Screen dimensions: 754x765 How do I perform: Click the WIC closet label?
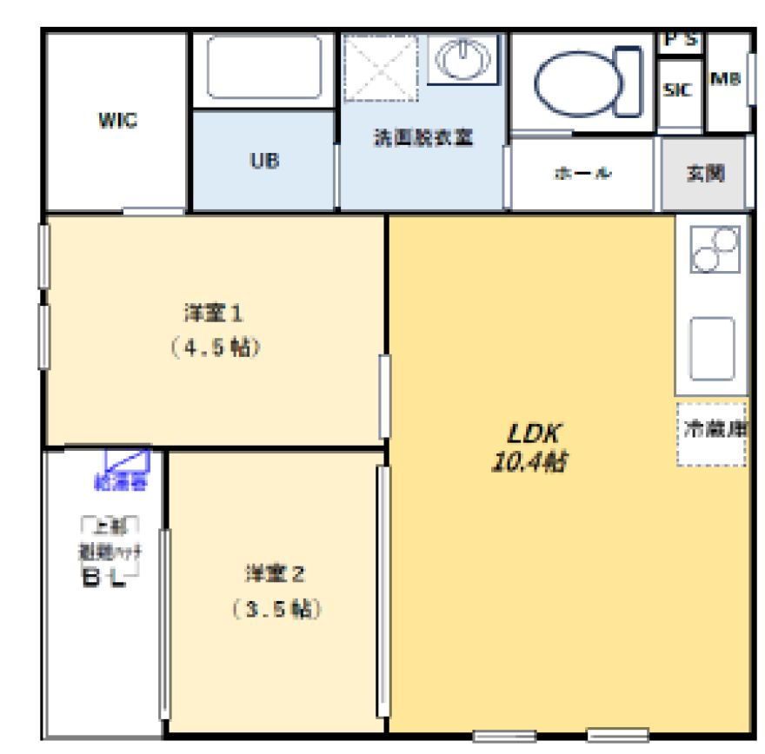click(116, 122)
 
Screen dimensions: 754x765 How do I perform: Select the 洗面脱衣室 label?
click(422, 139)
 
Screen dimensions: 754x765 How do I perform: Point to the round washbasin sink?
click(463, 60)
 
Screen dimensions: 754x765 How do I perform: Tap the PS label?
click(680, 41)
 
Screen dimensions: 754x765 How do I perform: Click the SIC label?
click(677, 90)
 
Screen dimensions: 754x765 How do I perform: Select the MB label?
click(725, 80)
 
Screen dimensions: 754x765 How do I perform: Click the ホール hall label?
click(582, 173)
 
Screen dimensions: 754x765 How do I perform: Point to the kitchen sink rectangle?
click(713, 347)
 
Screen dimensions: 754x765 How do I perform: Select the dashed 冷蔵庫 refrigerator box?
click(712, 433)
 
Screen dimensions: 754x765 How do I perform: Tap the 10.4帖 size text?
click(529, 462)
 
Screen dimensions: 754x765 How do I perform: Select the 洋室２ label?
click(275, 573)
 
